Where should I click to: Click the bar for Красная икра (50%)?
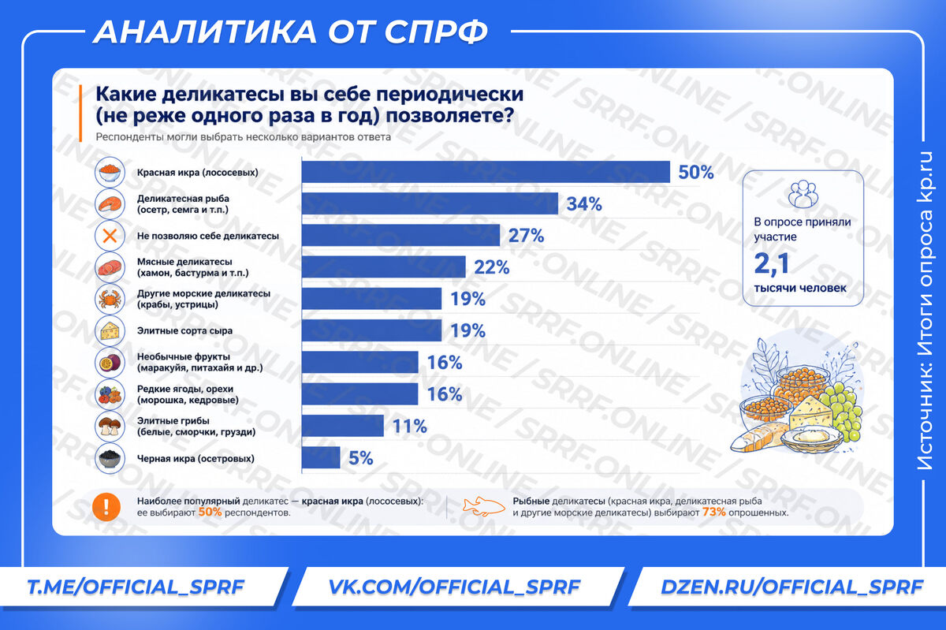coord(486,172)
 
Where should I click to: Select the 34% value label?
coord(584,204)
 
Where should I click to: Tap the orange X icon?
coord(110,236)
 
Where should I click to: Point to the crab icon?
coord(110,299)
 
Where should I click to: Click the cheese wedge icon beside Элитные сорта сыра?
coord(110,331)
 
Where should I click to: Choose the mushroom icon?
coord(110,426)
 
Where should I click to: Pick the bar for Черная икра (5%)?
coord(321,457)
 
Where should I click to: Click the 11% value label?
coord(410,427)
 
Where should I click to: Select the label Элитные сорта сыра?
coord(184,331)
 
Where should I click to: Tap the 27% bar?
coord(400,235)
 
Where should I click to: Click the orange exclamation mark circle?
coord(106,507)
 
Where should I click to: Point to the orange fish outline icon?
coord(484,507)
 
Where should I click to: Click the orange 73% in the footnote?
coord(713,513)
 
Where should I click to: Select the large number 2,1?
coord(772,264)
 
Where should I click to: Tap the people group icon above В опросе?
coord(803,194)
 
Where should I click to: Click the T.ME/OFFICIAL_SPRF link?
coord(136,587)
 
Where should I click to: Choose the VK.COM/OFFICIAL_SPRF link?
coord(454,587)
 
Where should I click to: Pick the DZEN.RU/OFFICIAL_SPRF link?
coord(791,587)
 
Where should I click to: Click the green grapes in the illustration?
coord(841,410)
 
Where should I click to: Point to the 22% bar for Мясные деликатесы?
coord(384,267)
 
